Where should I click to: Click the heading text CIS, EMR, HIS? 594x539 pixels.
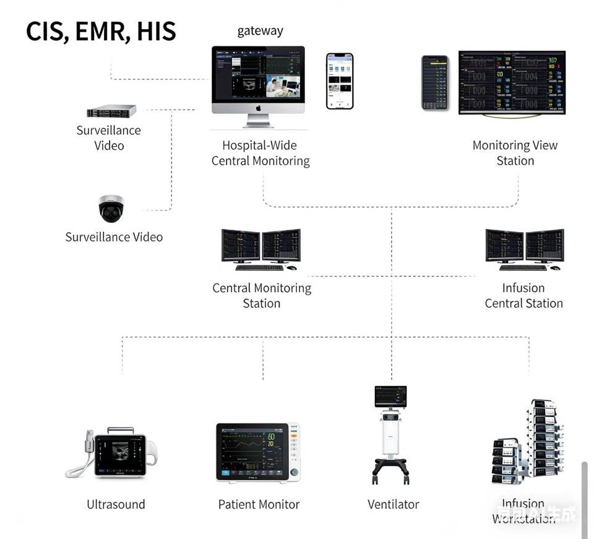101,32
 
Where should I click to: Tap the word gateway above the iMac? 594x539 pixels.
260,31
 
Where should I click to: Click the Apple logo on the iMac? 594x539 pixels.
258,108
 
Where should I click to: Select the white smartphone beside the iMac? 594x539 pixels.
340,81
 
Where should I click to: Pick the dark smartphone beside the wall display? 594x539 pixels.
435,83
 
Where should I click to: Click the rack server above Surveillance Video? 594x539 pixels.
111,111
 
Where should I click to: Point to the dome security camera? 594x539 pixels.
111,209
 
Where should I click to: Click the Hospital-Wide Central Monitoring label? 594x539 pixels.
260,153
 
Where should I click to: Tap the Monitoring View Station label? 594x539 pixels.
515,153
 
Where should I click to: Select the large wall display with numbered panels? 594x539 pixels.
512,82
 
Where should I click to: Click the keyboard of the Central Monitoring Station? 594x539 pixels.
259,268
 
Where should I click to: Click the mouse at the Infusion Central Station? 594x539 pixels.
555,268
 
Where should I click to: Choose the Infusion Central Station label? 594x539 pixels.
523,296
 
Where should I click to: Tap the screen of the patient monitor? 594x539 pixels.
251,451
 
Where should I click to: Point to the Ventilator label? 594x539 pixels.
394,504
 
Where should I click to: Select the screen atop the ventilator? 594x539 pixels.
390,395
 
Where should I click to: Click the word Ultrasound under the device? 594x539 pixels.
116,504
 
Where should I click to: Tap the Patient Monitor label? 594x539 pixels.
259,504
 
